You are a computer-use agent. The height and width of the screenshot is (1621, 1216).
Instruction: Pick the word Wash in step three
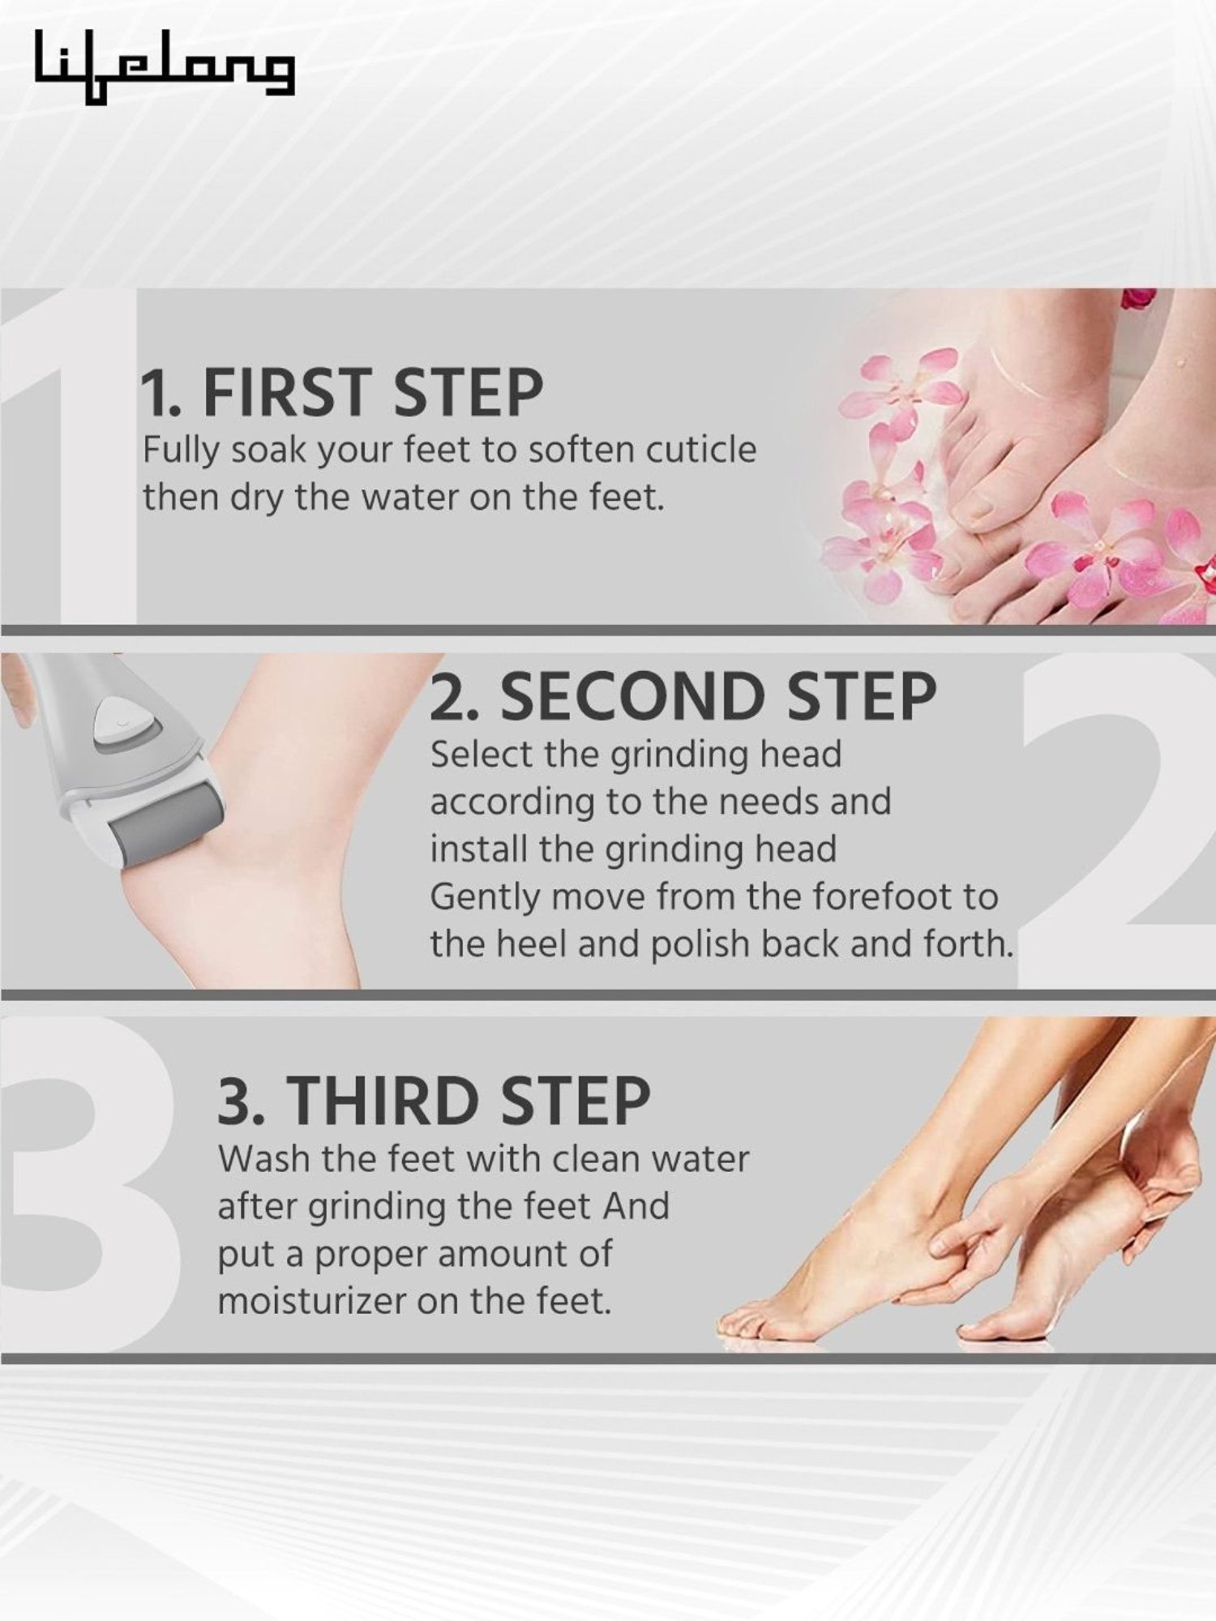click(264, 1159)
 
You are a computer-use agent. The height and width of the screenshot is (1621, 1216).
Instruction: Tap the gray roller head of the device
click(166, 828)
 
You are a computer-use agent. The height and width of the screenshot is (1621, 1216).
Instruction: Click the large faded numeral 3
click(85, 1183)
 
